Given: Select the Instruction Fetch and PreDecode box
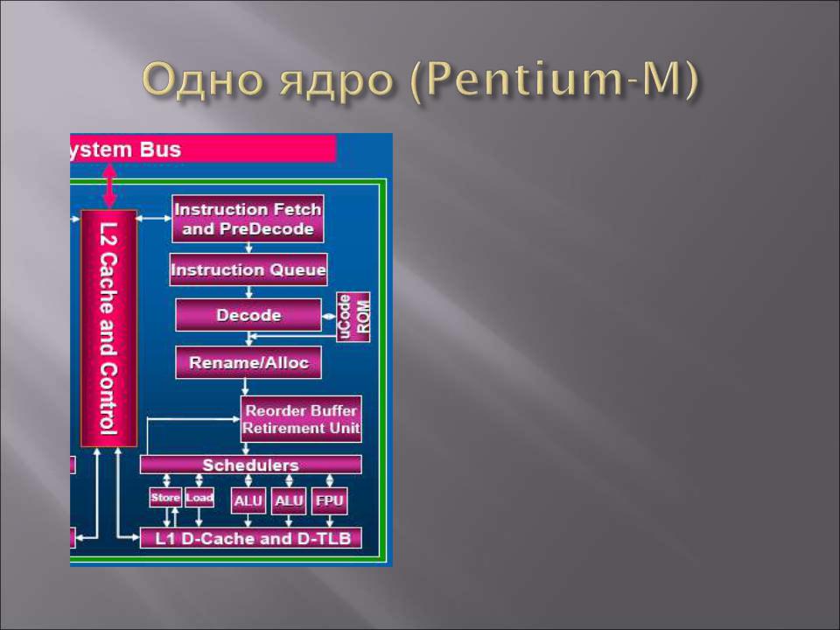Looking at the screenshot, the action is (x=248, y=219).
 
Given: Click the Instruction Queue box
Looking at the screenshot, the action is (x=248, y=269).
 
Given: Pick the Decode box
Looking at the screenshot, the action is (x=248, y=315).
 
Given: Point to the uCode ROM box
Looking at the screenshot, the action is (x=353, y=317).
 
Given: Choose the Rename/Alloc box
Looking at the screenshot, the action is (x=248, y=362).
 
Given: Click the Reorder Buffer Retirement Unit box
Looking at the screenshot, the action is (x=301, y=419).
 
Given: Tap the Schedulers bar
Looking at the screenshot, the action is (x=251, y=465).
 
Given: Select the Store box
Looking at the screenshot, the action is (x=165, y=497).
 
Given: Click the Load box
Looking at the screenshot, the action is (x=199, y=497).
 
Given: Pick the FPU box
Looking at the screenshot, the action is (x=330, y=500).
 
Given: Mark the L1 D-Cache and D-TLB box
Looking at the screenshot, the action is (x=251, y=538).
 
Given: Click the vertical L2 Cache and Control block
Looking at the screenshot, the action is (x=108, y=328).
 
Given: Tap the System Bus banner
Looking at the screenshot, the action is (x=203, y=149).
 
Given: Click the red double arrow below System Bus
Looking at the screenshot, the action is (x=109, y=185).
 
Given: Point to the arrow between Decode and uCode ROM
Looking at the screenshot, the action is (x=329, y=316).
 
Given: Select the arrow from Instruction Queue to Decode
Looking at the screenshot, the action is (x=248, y=292).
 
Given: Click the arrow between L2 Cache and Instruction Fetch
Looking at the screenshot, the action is (x=154, y=218).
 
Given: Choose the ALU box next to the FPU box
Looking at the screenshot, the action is (x=289, y=500).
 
